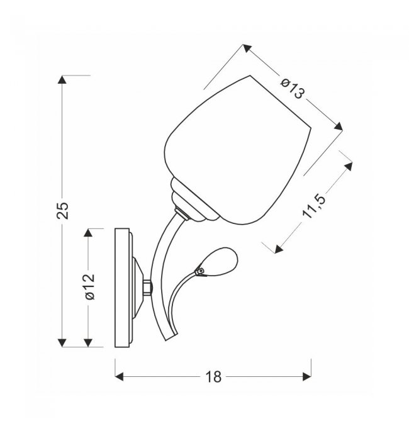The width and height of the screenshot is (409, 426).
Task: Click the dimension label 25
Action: pos(62,210)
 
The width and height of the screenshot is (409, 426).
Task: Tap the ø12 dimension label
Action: pos(90,287)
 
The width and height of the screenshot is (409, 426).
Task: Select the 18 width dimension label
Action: pos(213,377)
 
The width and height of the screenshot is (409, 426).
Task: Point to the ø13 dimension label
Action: pos(293,89)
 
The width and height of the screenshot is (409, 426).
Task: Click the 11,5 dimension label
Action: pos(314,206)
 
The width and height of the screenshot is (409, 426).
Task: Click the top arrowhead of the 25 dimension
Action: pos(62,79)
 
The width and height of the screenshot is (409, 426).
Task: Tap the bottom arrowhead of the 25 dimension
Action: pos(62,343)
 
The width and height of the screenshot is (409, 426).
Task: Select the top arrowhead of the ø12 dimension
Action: pos(88,233)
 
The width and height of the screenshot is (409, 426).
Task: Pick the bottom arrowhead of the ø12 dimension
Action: pos(88,343)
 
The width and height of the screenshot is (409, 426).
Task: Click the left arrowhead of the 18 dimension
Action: pos(119,377)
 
